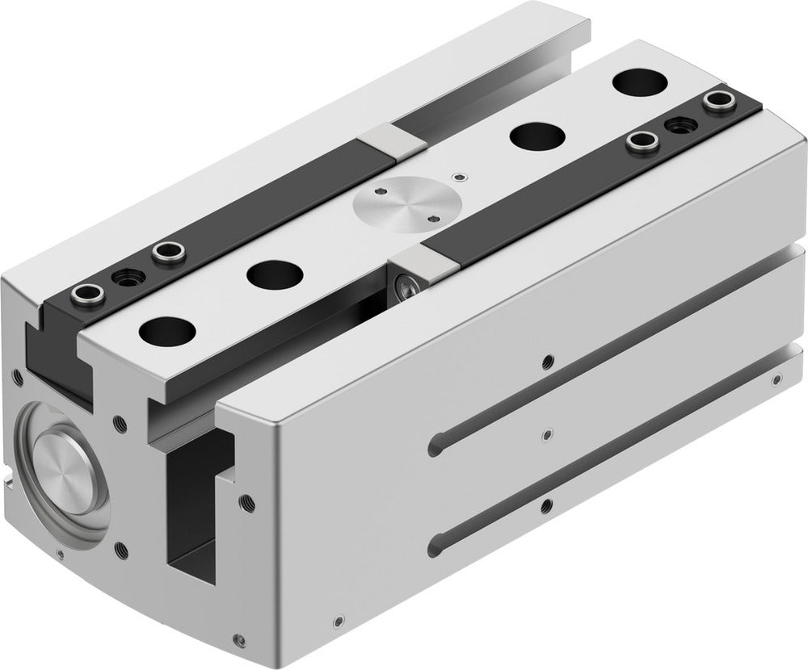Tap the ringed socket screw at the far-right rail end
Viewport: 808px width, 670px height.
click(x=714, y=101)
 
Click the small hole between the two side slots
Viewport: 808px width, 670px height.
click(x=549, y=433)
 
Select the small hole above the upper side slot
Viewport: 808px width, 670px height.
click(x=549, y=360)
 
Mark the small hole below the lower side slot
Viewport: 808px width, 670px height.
click(x=549, y=506)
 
